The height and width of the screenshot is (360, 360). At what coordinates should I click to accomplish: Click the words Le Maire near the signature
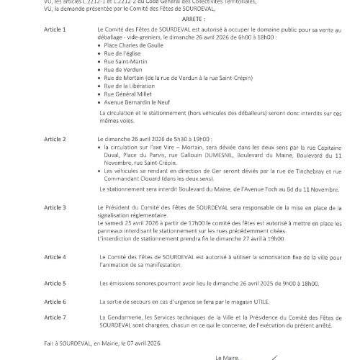[x=229, y=356]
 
